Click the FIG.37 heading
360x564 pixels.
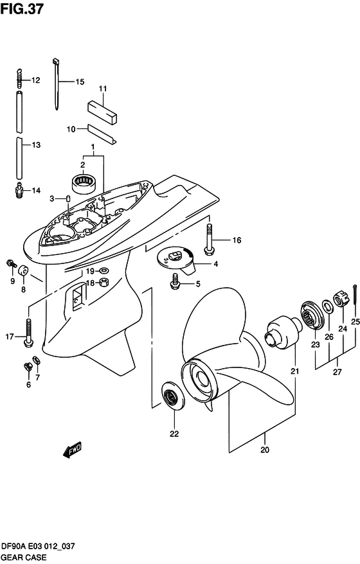click(x=22, y=9)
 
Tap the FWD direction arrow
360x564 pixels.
click(x=72, y=450)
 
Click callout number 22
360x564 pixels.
click(x=174, y=434)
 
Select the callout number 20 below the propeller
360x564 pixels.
click(x=265, y=450)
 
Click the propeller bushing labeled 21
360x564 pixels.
click(x=283, y=333)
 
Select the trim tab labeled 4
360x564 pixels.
click(x=175, y=262)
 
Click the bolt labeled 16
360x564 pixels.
click(x=209, y=240)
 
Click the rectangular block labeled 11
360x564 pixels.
click(x=103, y=112)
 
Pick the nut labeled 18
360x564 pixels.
click(x=104, y=283)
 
